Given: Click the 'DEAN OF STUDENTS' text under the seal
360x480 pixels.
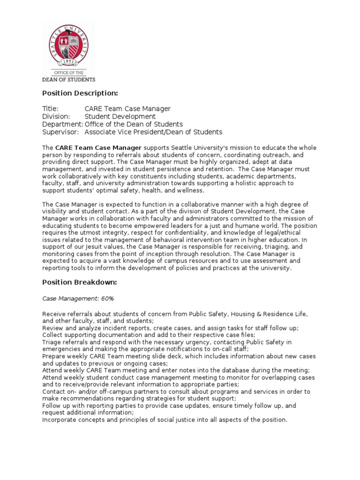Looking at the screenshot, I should point(68,79).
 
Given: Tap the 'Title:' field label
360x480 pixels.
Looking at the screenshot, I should point(50,109).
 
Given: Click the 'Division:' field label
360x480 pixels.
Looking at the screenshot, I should point(56,116).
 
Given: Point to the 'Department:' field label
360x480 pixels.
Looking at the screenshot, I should point(63,124).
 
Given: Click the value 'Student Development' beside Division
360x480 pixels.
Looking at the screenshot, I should point(120,116).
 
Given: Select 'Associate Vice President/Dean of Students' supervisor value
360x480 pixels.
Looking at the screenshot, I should point(153,132).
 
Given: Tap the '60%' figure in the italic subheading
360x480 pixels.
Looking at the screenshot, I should point(106,298).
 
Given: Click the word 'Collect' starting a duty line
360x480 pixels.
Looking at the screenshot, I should point(53,335).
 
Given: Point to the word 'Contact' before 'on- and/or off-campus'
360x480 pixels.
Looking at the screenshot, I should point(54,391).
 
